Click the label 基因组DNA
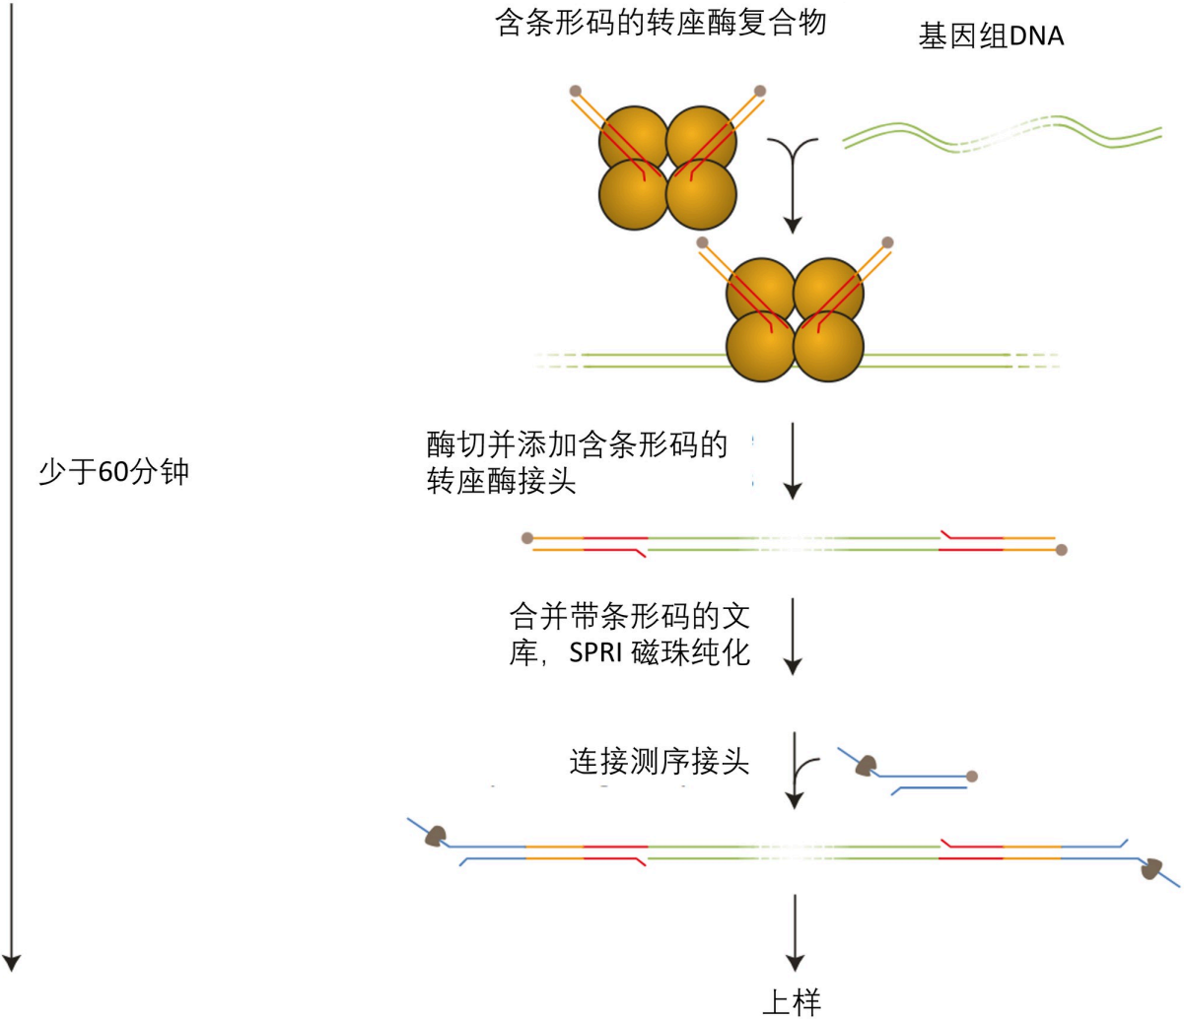pos(991,37)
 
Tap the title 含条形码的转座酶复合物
pos(660,22)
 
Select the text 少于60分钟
pos(113,473)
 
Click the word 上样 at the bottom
pos(792,1002)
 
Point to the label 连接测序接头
pos(659,762)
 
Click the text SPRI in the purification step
pos(596,652)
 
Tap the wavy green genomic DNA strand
pos(1001,135)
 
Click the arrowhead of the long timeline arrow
pos(11,961)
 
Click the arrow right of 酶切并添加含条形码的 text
pos(794,461)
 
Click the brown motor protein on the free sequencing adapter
pos(867,765)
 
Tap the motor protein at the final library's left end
pos(434,836)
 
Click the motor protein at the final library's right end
pos(1150,868)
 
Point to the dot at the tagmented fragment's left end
pos(527,538)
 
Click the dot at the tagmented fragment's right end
pos(1061,550)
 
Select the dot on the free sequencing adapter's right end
pos(972,777)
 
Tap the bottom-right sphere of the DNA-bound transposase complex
pos(828,347)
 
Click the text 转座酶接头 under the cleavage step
pos(501,483)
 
